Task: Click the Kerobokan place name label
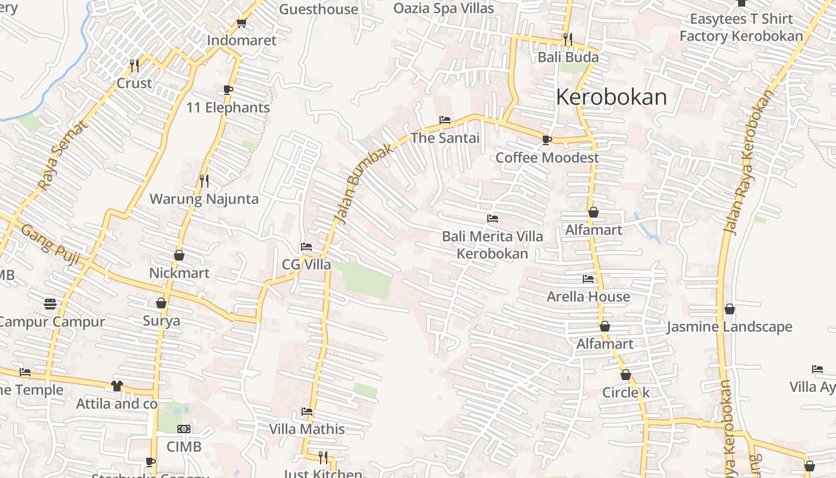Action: pyautogui.click(x=611, y=97)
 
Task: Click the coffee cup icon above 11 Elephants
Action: pyautogui.click(x=228, y=90)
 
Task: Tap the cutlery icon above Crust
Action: pyautogui.click(x=134, y=65)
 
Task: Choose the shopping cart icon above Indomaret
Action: pyautogui.click(x=241, y=23)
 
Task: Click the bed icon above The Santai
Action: pyautogui.click(x=445, y=120)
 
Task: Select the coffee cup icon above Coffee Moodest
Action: pyautogui.click(x=546, y=140)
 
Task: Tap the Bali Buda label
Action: pyautogui.click(x=568, y=57)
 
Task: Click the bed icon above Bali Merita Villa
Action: pyautogui.click(x=493, y=219)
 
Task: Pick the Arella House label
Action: pyautogui.click(x=588, y=296)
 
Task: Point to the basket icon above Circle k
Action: pyautogui.click(x=625, y=375)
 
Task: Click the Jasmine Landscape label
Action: pyautogui.click(x=729, y=327)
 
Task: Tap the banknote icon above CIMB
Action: pyautogui.click(x=185, y=429)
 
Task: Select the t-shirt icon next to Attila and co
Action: pyautogui.click(x=116, y=386)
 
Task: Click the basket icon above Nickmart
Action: pyautogui.click(x=179, y=255)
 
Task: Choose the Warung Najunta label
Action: pyautogui.click(x=204, y=199)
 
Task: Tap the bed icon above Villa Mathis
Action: pyautogui.click(x=307, y=412)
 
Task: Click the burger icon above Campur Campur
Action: pyautogui.click(x=51, y=304)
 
